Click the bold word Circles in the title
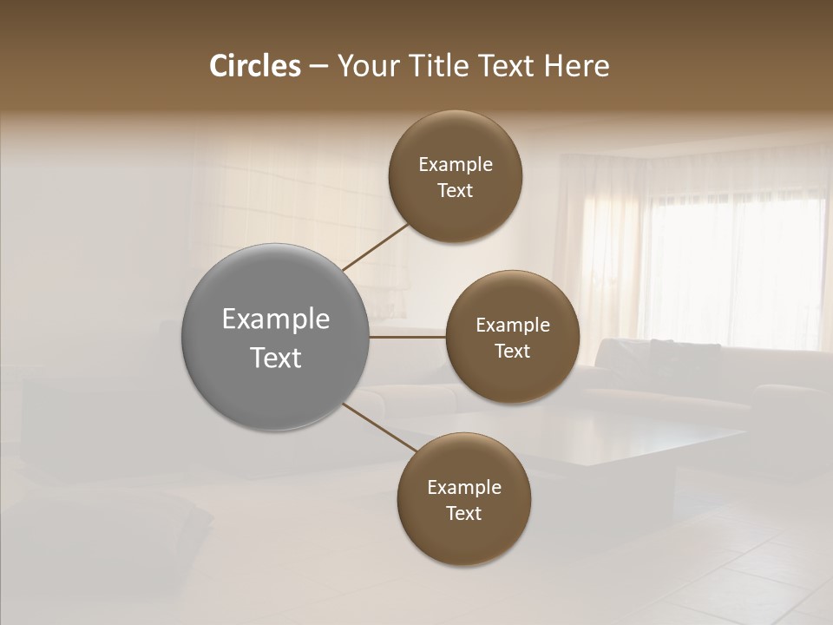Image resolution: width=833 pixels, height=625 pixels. (x=255, y=66)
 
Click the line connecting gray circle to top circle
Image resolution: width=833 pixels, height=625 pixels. (x=376, y=247)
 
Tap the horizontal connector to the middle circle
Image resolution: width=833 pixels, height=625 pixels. (x=407, y=337)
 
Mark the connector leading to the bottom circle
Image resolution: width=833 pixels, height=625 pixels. (x=379, y=426)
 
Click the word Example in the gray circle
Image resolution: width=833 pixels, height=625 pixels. (x=276, y=319)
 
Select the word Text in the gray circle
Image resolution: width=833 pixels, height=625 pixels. (x=276, y=358)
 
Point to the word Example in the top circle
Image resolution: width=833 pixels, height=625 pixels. (x=456, y=165)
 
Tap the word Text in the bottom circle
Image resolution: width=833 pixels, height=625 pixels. (x=463, y=514)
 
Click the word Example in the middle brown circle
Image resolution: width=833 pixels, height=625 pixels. (x=513, y=326)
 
